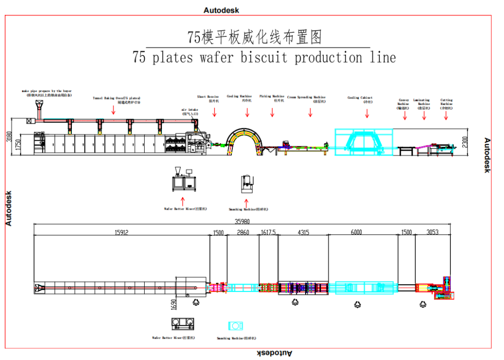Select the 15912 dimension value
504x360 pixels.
(x=122, y=232)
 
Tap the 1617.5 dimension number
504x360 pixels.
(x=268, y=232)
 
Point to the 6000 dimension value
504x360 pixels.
(x=363, y=232)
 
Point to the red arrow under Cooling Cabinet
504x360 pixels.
(x=367, y=113)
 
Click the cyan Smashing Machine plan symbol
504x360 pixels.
(x=235, y=326)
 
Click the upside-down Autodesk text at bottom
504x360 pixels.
(x=275, y=353)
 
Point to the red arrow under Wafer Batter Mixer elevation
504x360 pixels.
(x=183, y=200)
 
